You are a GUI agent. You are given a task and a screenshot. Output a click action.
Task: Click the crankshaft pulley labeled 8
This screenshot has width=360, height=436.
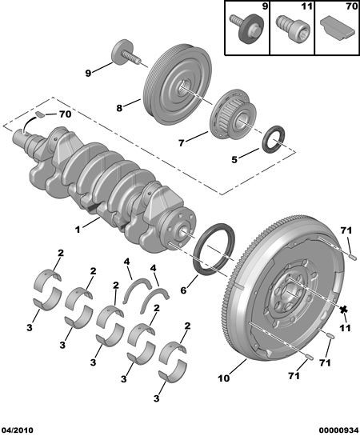178,85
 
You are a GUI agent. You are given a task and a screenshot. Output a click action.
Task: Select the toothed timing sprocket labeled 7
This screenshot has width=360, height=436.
233,114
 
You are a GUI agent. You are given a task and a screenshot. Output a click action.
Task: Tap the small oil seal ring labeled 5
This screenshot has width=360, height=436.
274,139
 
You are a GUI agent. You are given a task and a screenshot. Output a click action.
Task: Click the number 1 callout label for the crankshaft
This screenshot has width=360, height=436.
78,230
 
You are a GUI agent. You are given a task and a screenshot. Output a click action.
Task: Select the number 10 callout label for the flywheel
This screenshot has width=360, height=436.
224,378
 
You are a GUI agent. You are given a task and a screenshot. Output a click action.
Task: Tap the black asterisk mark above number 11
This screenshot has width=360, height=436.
344,309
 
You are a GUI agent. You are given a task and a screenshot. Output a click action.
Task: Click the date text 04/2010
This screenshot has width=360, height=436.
17,430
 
